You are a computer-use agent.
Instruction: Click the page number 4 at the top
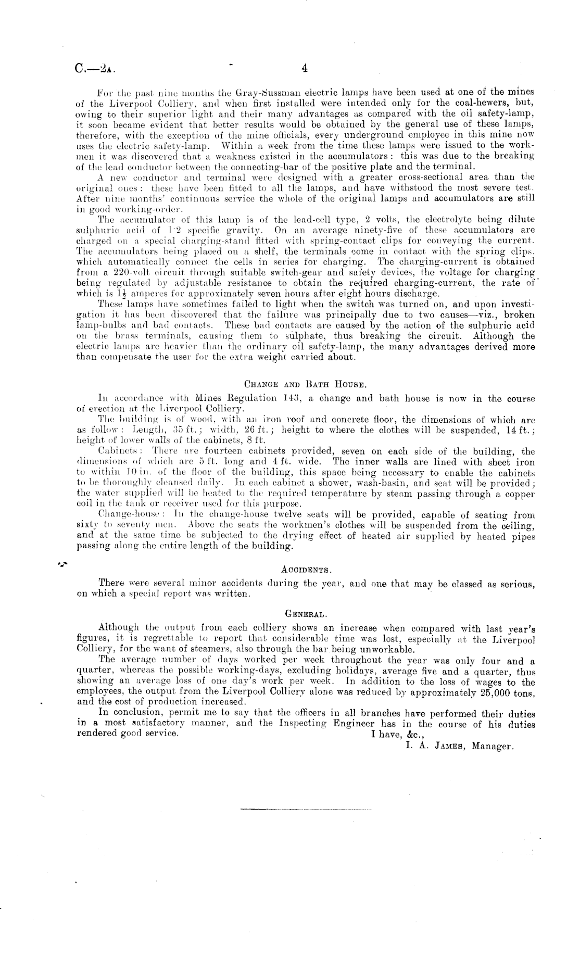click(x=305, y=68)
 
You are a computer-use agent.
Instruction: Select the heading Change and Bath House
click(x=306, y=385)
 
